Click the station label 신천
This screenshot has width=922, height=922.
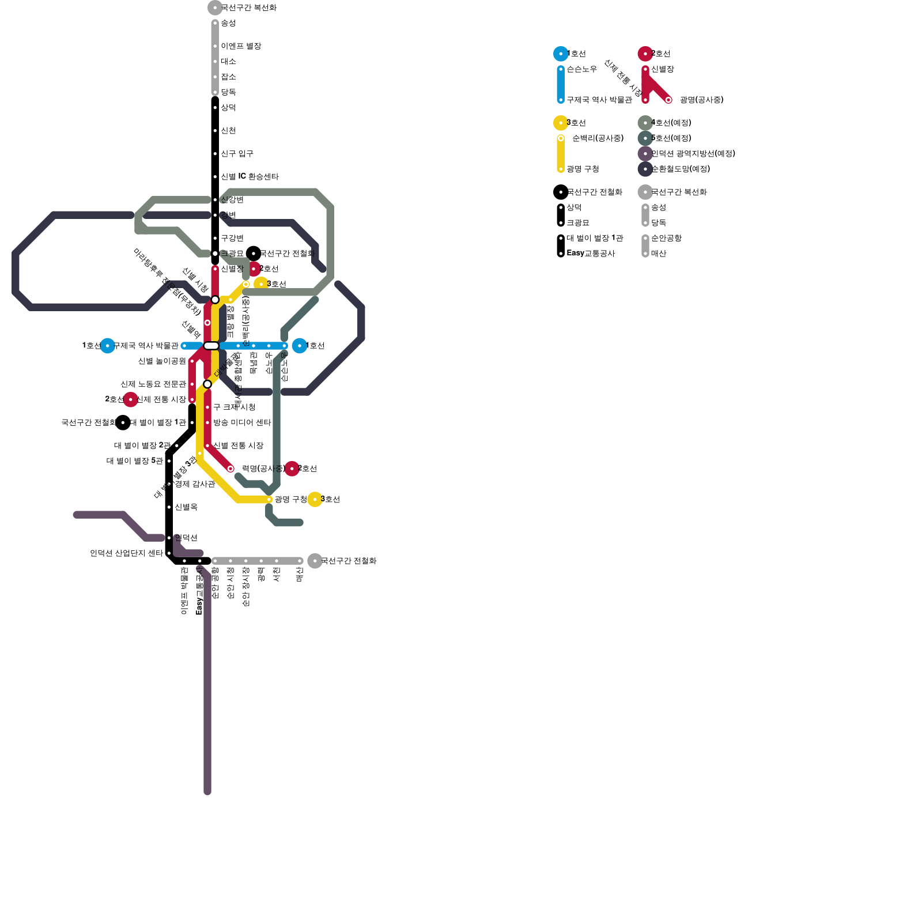(228, 131)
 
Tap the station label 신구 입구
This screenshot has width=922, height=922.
(237, 154)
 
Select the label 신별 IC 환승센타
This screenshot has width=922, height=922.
(250, 177)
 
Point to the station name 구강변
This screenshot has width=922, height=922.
(232, 238)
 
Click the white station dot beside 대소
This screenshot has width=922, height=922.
(215, 62)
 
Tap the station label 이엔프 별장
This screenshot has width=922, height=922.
(241, 46)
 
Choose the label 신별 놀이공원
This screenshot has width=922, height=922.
(162, 361)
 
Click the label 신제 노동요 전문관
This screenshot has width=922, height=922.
(153, 384)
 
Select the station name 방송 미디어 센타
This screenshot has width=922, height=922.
(242, 422)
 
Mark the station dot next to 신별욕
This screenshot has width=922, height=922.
(169, 507)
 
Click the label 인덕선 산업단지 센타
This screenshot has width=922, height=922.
(126, 553)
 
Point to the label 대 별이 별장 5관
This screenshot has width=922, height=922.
(135, 461)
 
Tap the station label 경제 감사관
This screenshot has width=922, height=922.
(195, 484)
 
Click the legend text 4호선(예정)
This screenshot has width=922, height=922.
(671, 123)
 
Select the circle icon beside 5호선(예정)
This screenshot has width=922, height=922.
(645, 138)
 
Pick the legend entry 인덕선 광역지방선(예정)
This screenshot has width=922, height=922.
(693, 154)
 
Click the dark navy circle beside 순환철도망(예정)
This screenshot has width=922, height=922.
(645, 169)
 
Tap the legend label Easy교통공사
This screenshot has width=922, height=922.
(591, 254)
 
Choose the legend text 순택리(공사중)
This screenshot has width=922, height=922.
(598, 138)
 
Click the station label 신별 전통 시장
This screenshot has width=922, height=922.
(238, 445)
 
